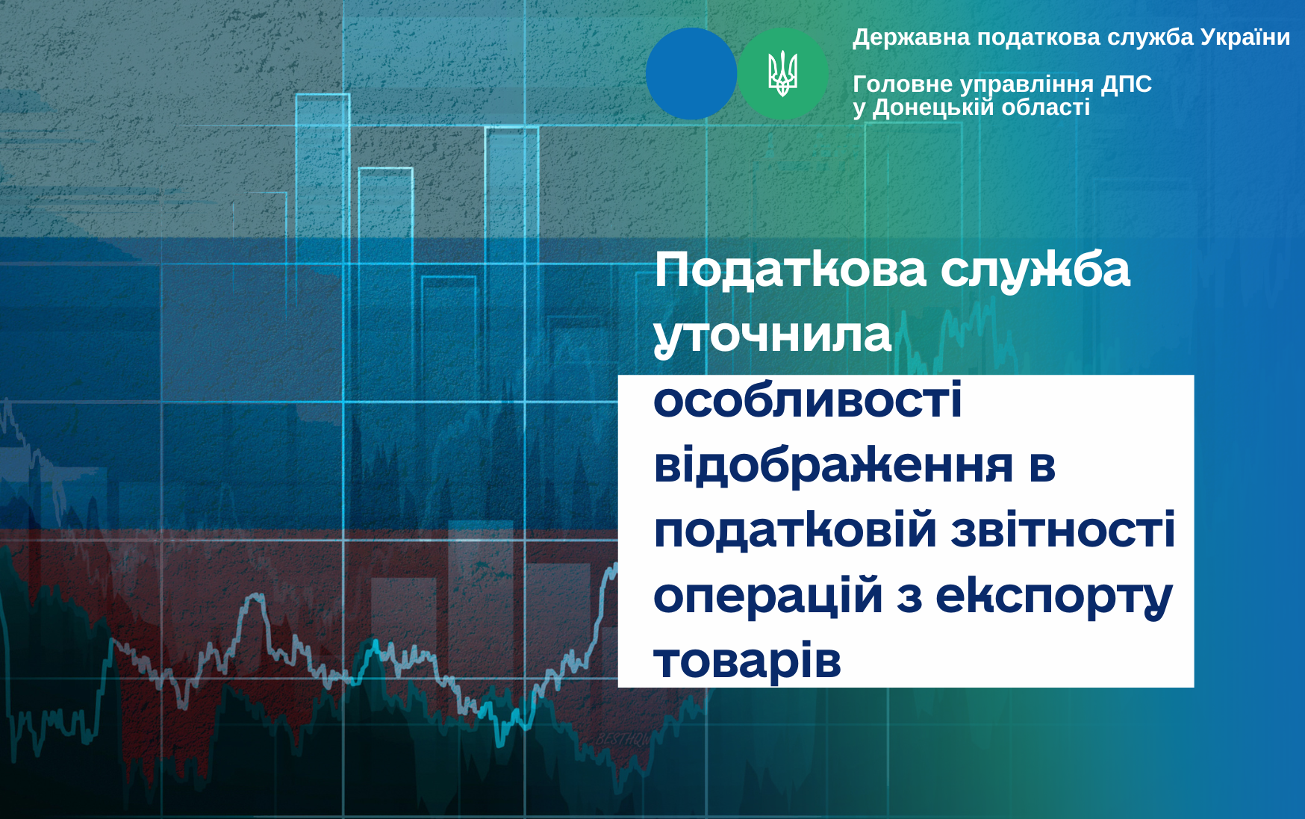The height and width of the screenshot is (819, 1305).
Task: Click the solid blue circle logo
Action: [x=691, y=74]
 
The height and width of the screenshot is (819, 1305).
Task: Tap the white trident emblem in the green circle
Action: [x=783, y=74]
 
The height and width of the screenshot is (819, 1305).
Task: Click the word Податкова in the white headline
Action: [x=790, y=270]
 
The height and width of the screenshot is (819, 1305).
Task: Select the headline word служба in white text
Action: [x=1035, y=270]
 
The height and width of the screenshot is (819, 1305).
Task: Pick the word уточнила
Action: [x=773, y=335]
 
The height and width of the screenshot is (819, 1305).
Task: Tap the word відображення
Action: [x=833, y=465]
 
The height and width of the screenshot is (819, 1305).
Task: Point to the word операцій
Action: [x=768, y=596]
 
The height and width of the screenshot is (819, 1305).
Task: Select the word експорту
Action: [x=1054, y=597]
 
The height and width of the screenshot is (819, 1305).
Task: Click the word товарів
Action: [x=747, y=661]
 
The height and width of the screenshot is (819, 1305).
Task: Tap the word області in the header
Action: [x=1046, y=108]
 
